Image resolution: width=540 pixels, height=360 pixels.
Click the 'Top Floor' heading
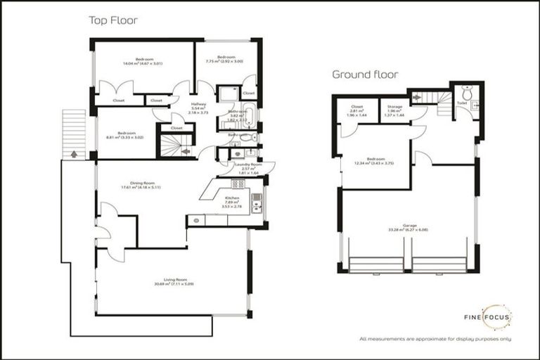pyautogui.click(x=112, y=20)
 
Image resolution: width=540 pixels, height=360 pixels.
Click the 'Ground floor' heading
pyautogui.click(x=365, y=74)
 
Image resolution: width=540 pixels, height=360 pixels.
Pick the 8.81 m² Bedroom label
pyautogui.click(x=127, y=135)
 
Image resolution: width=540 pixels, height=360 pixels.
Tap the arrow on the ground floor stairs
pyautogui.click(x=416, y=96)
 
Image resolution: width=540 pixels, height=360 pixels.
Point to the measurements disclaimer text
pyautogui.click(x=435, y=339)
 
